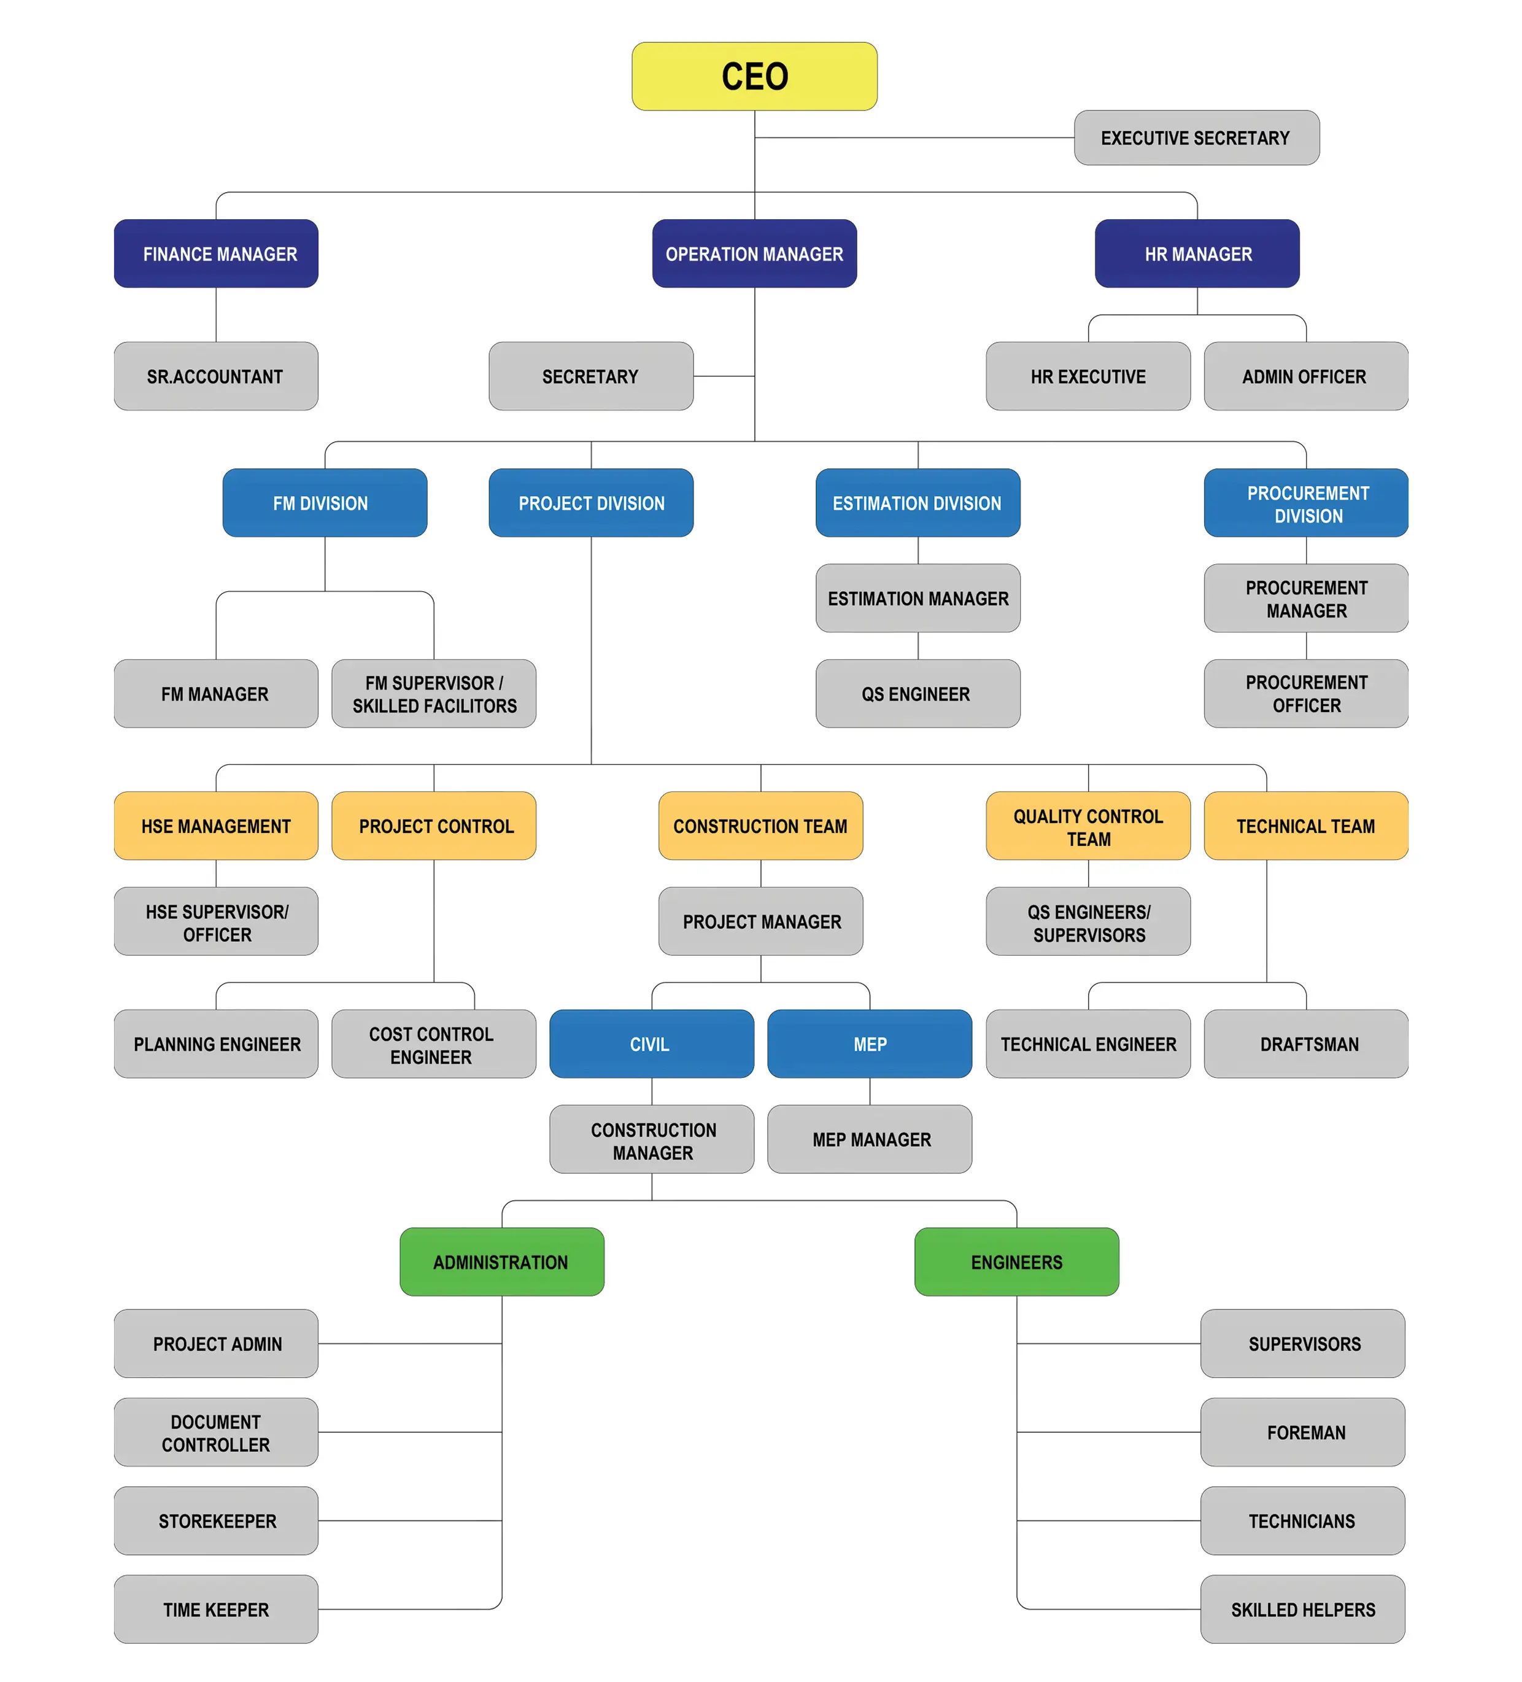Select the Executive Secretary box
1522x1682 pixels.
1196,138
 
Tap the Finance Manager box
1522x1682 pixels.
216,254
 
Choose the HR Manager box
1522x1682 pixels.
1197,254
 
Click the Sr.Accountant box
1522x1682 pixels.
216,376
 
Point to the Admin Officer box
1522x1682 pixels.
1305,376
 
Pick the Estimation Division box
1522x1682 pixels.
917,503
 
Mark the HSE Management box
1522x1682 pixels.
216,826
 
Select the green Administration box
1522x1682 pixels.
501,1261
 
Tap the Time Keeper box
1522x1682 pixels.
216,1610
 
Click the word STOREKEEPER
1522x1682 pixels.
218,1521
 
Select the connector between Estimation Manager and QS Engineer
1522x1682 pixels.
917,646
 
